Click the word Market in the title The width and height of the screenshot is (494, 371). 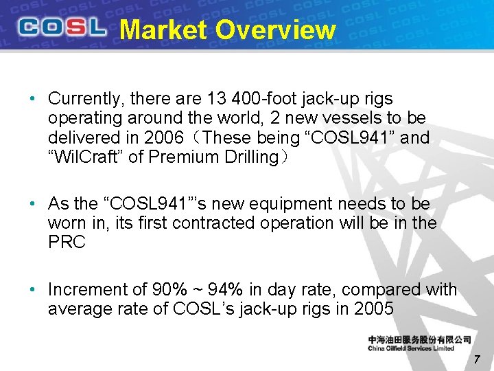tap(163, 30)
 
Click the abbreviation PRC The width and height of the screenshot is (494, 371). tap(67, 243)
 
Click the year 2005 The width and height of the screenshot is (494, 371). tap(374, 309)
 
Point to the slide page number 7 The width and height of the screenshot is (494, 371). tap(478, 359)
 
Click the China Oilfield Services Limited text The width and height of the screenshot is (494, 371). tap(411, 348)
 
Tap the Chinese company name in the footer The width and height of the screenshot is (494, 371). tap(419, 339)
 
